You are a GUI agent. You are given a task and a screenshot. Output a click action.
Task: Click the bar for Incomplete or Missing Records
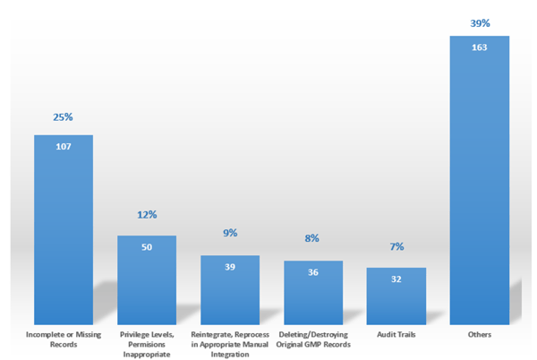point(64,228)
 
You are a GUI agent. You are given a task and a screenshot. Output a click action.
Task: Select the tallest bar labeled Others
point(479,179)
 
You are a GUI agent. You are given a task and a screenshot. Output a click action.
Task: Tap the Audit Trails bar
point(396,296)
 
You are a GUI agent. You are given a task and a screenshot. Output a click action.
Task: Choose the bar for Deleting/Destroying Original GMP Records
point(313,292)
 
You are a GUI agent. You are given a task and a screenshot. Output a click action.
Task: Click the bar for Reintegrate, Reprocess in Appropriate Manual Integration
point(230,289)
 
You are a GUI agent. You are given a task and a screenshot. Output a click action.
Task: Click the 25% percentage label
point(64,118)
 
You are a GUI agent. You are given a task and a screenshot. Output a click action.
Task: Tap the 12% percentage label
point(147,216)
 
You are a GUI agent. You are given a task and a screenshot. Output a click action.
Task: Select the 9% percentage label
point(230,233)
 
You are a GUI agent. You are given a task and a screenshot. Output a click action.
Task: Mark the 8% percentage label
point(313,240)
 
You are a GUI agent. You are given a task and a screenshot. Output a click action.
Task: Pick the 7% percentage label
point(396,246)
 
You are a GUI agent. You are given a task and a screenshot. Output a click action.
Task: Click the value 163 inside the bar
point(479,47)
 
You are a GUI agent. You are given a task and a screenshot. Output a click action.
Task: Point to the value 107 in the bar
point(64,147)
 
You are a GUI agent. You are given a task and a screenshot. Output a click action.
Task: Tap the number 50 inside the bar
point(147,246)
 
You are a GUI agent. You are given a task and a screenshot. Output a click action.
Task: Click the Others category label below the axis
point(479,334)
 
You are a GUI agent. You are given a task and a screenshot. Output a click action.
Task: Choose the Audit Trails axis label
point(396,334)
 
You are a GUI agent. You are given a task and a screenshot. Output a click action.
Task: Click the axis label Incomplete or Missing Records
point(64,339)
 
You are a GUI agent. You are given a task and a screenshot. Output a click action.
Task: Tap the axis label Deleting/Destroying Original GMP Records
point(313,339)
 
